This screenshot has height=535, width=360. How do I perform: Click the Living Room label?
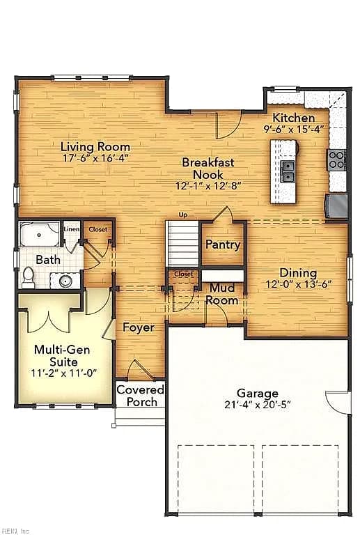[x=95, y=147]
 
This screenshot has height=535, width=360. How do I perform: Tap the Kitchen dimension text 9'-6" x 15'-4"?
[x=293, y=130]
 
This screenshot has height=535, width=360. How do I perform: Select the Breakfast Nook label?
[x=208, y=168]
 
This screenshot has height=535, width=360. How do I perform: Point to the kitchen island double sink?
[x=288, y=171]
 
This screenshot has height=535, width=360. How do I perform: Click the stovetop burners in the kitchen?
[x=336, y=160]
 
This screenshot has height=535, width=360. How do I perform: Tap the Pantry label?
[x=223, y=245]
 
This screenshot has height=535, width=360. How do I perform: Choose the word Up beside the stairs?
[x=183, y=215]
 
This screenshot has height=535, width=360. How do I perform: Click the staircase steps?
[x=182, y=244]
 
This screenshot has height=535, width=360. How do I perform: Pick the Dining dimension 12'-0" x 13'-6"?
[x=298, y=284]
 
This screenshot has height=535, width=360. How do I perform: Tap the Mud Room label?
[x=222, y=294]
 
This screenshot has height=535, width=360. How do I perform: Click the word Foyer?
[x=139, y=327]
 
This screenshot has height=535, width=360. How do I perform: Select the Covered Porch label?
[x=141, y=396]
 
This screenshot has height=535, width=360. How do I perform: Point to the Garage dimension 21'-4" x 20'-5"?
[x=258, y=405]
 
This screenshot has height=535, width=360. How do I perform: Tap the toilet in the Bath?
[x=28, y=278]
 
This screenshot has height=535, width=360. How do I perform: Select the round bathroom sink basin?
[x=65, y=281]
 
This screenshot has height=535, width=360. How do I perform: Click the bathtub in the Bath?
[x=40, y=234]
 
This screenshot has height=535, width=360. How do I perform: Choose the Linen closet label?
[x=72, y=229]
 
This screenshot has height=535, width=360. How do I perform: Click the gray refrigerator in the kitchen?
[x=337, y=206]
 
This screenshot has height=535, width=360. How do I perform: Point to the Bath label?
[x=48, y=260]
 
